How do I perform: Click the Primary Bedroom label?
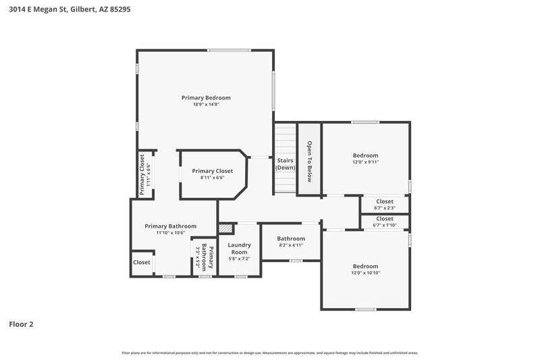206,97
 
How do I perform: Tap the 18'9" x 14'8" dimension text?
206,105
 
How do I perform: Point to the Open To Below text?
309,161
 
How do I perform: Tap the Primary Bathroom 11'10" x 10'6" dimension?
170,233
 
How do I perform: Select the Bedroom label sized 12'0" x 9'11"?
365,155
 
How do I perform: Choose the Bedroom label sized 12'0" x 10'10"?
365,265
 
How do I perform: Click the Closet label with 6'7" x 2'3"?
385,201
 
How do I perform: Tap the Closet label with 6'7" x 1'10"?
385,219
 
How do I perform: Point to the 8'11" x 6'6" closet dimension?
212,178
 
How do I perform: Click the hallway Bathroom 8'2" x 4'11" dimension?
291,245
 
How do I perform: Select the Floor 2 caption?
21,324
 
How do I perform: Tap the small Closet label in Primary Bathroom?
142,262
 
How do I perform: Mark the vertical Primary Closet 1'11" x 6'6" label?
142,174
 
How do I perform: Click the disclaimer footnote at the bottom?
270,353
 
